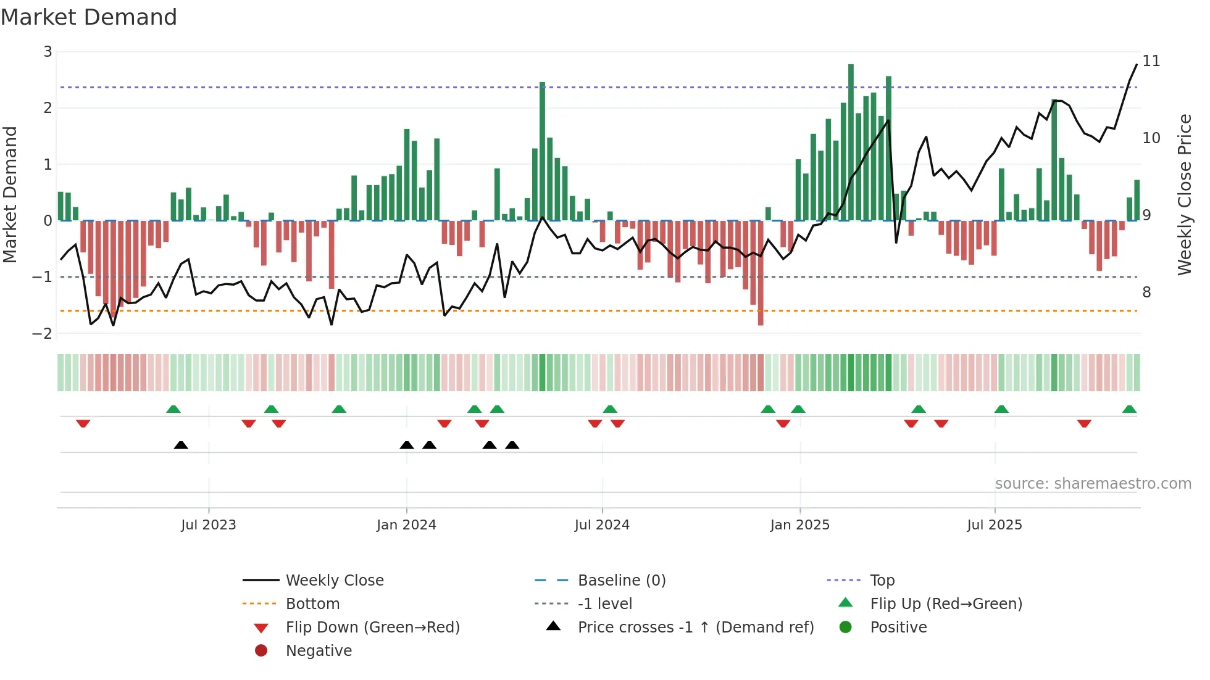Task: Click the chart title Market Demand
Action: pyautogui.click(x=89, y=17)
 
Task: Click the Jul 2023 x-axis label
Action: pyautogui.click(x=208, y=525)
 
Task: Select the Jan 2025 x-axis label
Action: pyautogui.click(x=799, y=525)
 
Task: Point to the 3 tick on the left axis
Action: pyautogui.click(x=48, y=52)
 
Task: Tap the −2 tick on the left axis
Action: pyautogui.click(x=43, y=334)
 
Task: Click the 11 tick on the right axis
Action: pyautogui.click(x=1151, y=61)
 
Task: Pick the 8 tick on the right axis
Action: pyautogui.click(x=1146, y=292)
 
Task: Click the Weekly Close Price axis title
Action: pyautogui.click(x=1184, y=194)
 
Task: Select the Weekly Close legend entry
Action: pyautogui.click(x=334, y=581)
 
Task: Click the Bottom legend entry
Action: pyautogui.click(x=312, y=604)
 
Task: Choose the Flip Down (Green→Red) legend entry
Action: pyautogui.click(x=372, y=628)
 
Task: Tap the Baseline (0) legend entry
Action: pyautogui.click(x=621, y=581)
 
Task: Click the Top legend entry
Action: pyautogui.click(x=882, y=581)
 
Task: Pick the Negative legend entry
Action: pyautogui.click(x=319, y=651)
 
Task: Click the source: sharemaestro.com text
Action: pyautogui.click(x=1093, y=484)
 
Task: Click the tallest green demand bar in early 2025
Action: pyautogui.click(x=851, y=142)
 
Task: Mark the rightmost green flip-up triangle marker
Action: pyautogui.click(x=1129, y=409)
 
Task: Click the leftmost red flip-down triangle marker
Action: pyautogui.click(x=83, y=423)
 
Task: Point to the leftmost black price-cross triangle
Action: pyautogui.click(x=181, y=445)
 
